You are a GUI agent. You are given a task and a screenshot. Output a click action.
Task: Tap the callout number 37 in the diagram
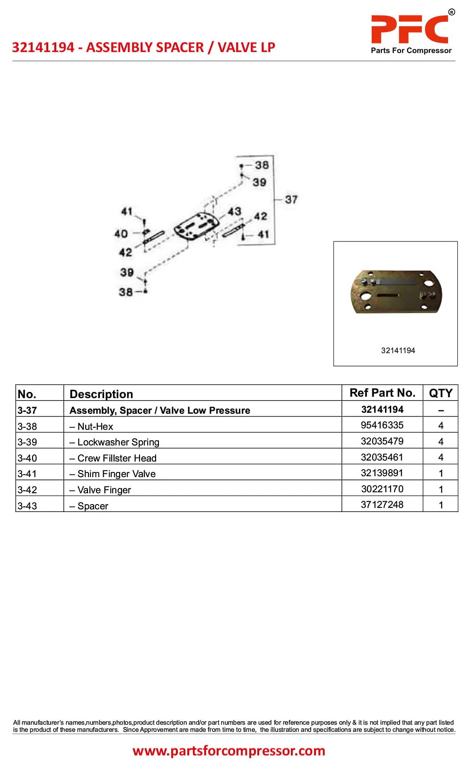291,199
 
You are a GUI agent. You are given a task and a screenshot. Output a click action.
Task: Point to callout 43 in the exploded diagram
235,211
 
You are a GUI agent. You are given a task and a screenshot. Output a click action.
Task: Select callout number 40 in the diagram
121,234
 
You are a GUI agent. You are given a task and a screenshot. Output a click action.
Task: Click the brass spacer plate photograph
396,292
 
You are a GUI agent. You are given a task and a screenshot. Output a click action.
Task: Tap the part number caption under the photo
398,351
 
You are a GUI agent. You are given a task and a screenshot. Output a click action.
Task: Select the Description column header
101,394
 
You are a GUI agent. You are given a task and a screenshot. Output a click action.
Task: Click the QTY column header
441,393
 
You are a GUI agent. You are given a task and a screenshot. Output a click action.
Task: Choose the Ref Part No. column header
383,393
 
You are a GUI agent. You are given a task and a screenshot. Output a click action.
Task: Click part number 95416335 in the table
382,425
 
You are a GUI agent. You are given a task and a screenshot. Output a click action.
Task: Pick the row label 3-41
27,474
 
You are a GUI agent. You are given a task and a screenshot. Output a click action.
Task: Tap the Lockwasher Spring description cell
114,442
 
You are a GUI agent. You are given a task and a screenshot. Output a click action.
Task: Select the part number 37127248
382,505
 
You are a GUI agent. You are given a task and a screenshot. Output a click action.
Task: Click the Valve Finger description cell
100,490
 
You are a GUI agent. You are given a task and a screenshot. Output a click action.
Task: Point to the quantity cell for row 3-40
441,457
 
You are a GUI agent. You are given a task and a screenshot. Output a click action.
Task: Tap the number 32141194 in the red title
43,47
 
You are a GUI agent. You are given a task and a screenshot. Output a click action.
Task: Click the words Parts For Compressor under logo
411,51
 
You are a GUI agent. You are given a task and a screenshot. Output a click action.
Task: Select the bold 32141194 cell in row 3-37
382,409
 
